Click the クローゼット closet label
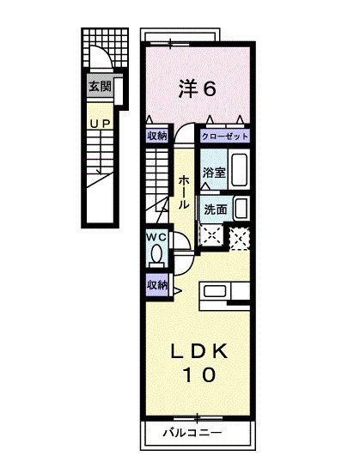pyautogui.click(x=226, y=135)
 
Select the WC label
pyautogui.click(x=155, y=237)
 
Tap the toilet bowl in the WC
pyautogui.click(x=156, y=254)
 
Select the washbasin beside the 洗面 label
pyautogui.click(x=241, y=208)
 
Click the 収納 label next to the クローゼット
pyautogui.click(x=156, y=135)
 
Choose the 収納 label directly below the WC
pyautogui.click(x=156, y=285)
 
